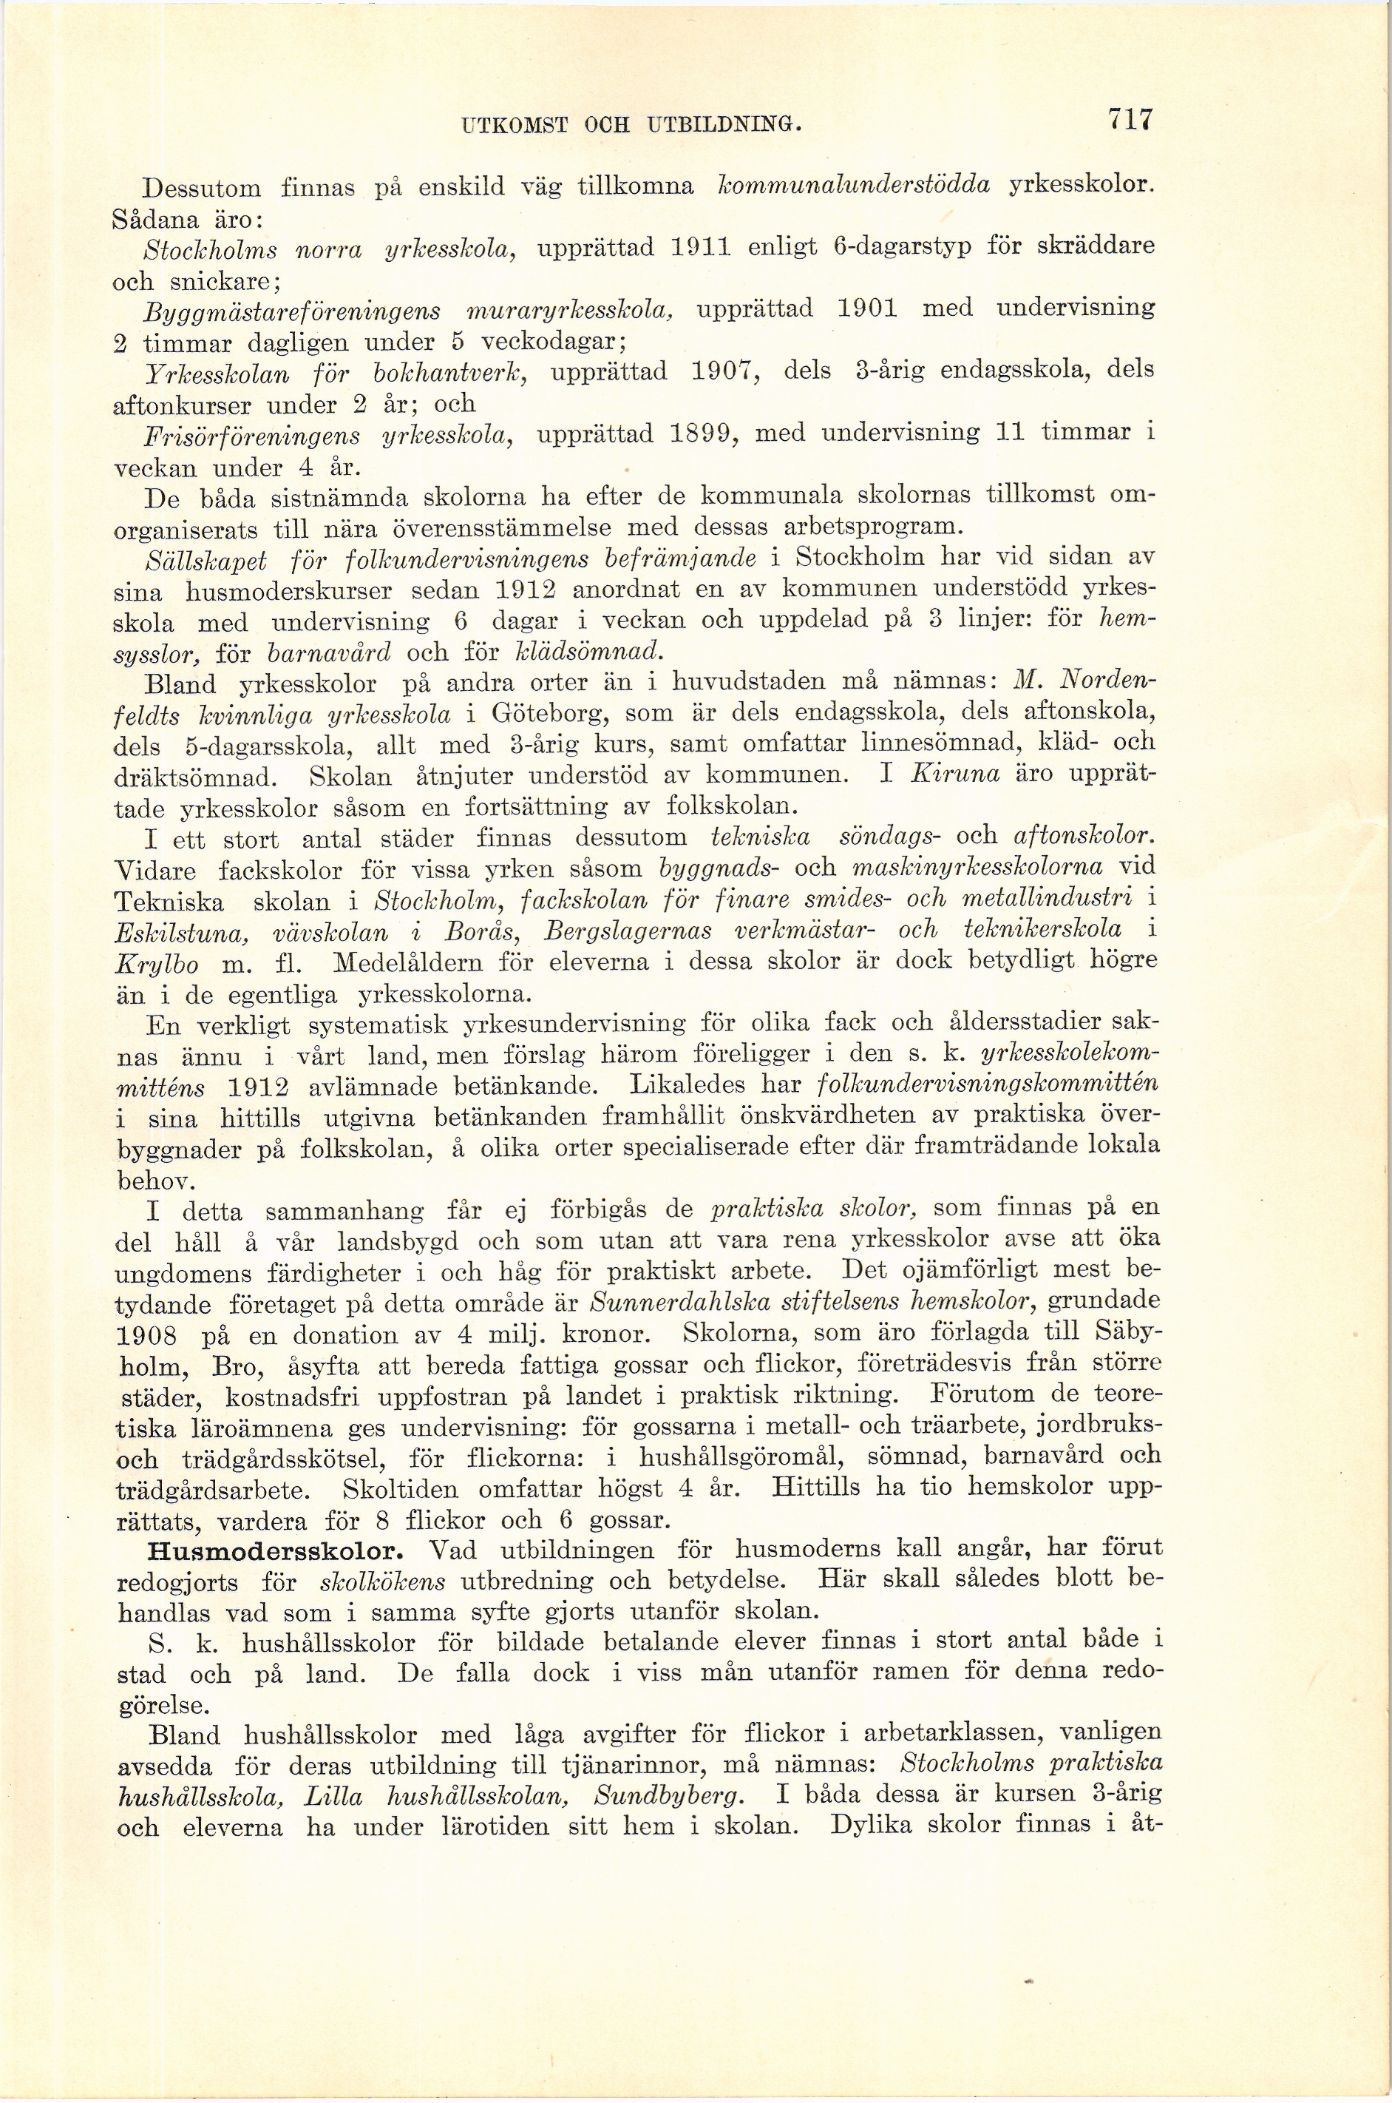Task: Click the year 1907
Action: tap(724, 371)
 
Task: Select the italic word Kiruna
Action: tap(954, 774)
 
